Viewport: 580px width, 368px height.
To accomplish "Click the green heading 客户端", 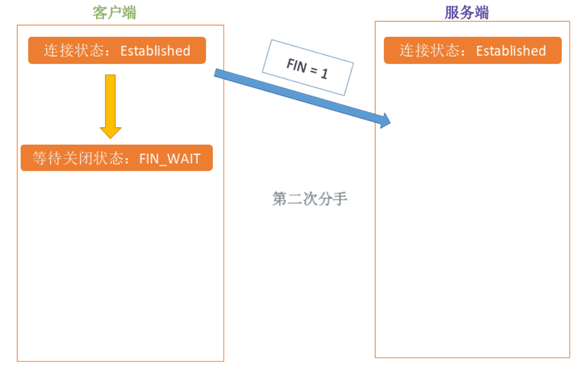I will pyautogui.click(x=114, y=13).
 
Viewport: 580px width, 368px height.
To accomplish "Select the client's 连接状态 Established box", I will pyautogui.click(x=117, y=51).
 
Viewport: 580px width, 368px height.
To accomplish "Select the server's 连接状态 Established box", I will pyautogui.click(x=473, y=51).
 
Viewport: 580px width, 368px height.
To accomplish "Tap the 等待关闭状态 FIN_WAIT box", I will pyautogui.click(x=116, y=158).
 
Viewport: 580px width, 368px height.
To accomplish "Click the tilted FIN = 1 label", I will pyautogui.click(x=307, y=68).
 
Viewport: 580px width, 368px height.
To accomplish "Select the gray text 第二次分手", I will pyautogui.click(x=310, y=199).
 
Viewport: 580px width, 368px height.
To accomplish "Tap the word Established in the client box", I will pyautogui.click(x=155, y=51).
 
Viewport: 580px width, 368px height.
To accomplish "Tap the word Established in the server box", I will pyautogui.click(x=511, y=51).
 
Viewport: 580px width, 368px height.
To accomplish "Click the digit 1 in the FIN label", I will pyautogui.click(x=324, y=74).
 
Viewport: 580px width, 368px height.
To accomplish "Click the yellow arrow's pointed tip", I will pyautogui.click(x=110, y=138).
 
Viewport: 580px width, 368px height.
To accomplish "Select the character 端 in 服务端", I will pyautogui.click(x=481, y=13).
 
